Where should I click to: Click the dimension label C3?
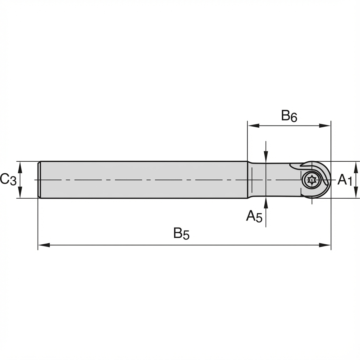(x=8, y=180)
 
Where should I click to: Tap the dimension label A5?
(x=254, y=216)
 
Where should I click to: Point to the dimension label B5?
(x=181, y=233)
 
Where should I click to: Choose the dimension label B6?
(x=289, y=116)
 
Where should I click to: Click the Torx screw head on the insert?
(x=311, y=180)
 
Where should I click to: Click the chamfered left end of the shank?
(x=39, y=180)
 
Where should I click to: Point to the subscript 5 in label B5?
(x=186, y=236)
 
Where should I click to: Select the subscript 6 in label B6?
(x=294, y=118)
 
